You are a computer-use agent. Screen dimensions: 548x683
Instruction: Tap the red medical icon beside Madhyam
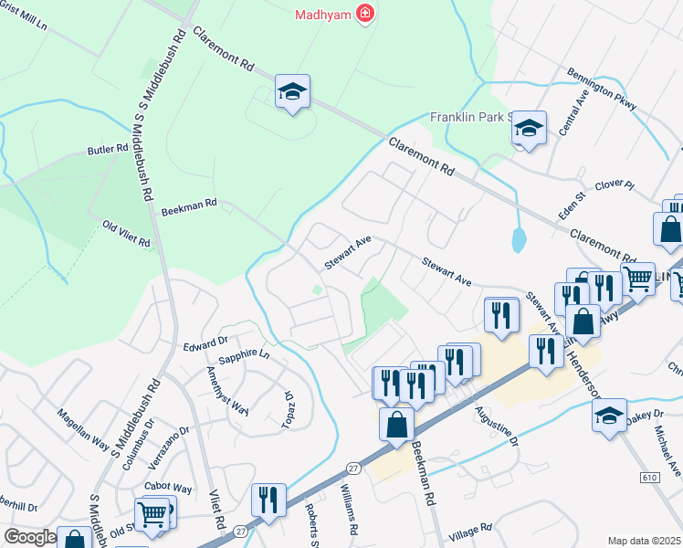click(x=365, y=14)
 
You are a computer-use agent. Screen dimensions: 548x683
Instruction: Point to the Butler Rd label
click(x=108, y=149)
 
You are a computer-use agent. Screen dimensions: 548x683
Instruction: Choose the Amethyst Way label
click(x=227, y=390)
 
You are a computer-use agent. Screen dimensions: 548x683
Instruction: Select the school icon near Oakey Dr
click(x=609, y=415)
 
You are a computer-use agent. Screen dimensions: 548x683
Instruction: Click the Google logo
click(x=30, y=536)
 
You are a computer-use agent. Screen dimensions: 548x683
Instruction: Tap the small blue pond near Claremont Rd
click(x=519, y=239)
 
